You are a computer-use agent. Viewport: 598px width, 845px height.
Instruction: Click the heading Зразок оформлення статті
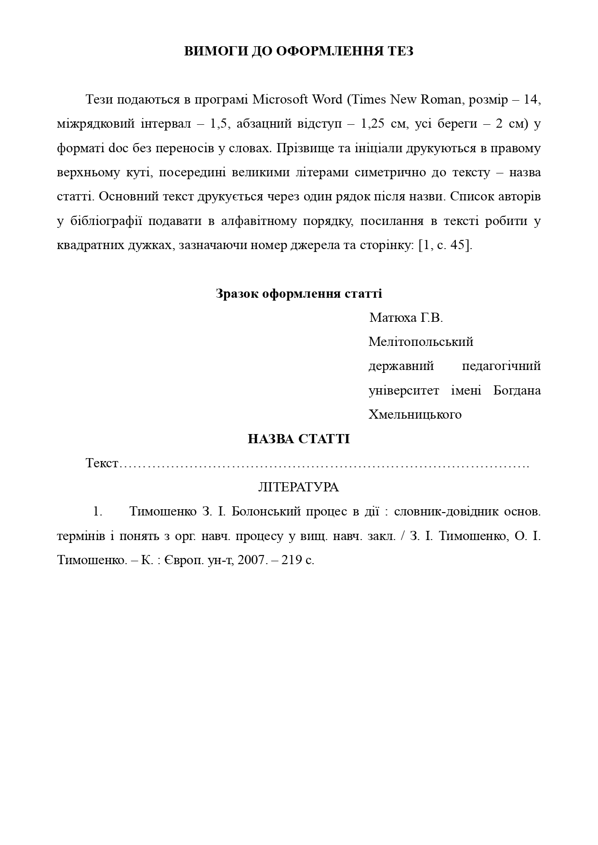[x=299, y=293]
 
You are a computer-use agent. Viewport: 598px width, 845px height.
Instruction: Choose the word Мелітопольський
[x=421, y=342]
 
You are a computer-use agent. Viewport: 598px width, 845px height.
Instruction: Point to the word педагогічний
[x=501, y=366]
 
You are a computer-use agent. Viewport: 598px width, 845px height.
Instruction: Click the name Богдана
[x=517, y=390]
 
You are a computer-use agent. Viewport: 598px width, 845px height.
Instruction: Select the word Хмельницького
[x=415, y=415]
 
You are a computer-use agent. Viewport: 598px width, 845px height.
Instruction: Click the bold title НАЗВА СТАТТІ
[x=299, y=439]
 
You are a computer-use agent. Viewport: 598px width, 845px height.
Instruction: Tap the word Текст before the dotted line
[x=102, y=463]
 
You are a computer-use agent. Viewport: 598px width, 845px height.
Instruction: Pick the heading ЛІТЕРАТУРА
[x=299, y=488]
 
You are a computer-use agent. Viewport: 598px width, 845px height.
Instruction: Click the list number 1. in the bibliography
[x=98, y=512]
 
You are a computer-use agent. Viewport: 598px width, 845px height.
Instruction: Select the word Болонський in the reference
[x=266, y=512]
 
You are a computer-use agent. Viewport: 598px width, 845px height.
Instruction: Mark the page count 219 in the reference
[x=292, y=560]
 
